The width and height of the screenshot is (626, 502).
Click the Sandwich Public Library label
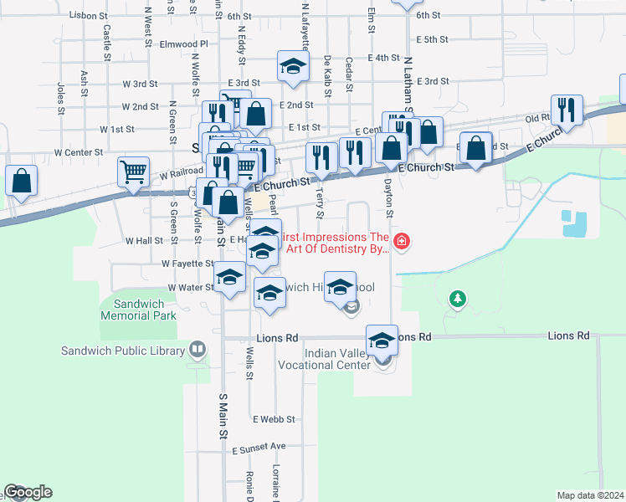point(122,351)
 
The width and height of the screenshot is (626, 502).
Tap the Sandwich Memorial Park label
point(138,310)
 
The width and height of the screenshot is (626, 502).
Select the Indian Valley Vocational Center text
point(336,360)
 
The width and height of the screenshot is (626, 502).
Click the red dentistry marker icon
point(403,243)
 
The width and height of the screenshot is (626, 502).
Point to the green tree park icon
point(456,298)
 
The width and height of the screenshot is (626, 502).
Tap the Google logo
point(28,492)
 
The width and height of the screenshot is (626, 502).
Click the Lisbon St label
point(90,16)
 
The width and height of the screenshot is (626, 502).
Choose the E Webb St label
point(274,419)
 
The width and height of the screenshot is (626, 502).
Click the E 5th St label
point(432,39)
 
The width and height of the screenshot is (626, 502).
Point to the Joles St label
point(60,98)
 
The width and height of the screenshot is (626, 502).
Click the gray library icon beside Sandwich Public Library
point(197,348)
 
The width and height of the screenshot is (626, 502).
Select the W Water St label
point(192,287)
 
